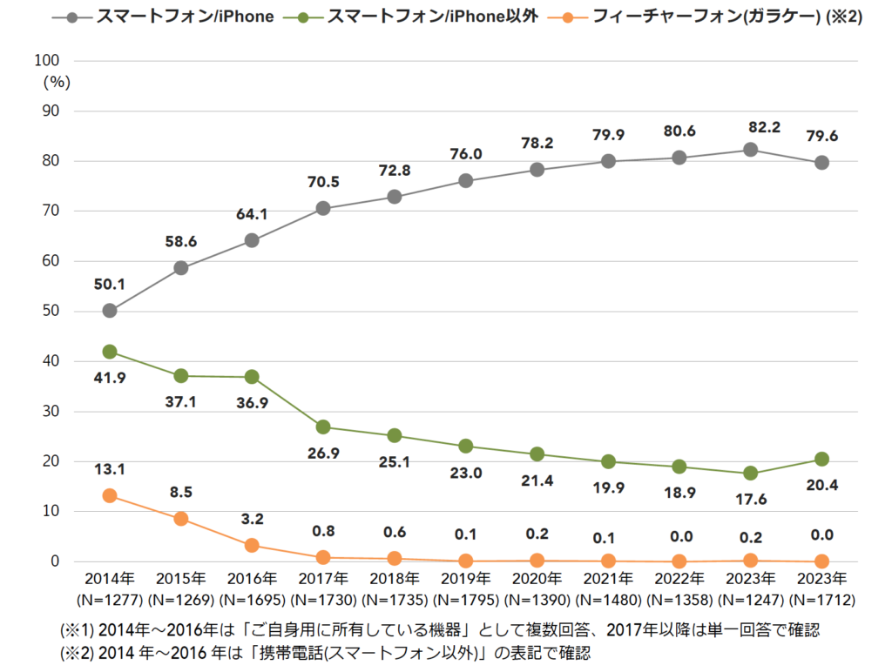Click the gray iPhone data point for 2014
110,311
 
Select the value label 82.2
750,127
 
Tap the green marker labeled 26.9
323,427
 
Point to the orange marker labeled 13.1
110,495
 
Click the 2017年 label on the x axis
323,579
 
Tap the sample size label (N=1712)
821,600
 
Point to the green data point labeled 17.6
750,474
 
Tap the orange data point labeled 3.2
252,545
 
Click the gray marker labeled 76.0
465,181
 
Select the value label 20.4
821,486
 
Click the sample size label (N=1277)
110,600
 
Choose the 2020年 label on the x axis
537,579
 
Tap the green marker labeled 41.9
110,352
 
